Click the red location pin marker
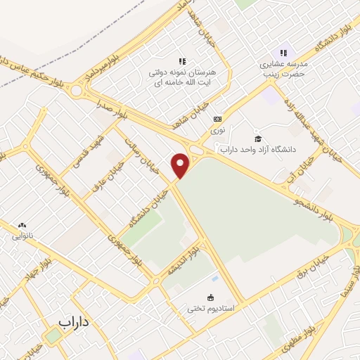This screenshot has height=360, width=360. click(x=181, y=165)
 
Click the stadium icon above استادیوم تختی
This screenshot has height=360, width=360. click(x=210, y=297)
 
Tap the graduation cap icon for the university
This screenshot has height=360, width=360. click(x=257, y=139)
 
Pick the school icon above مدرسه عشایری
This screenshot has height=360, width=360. click(x=283, y=53)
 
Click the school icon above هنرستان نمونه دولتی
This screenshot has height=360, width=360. click(x=181, y=62)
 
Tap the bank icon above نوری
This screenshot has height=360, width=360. click(x=218, y=119)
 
